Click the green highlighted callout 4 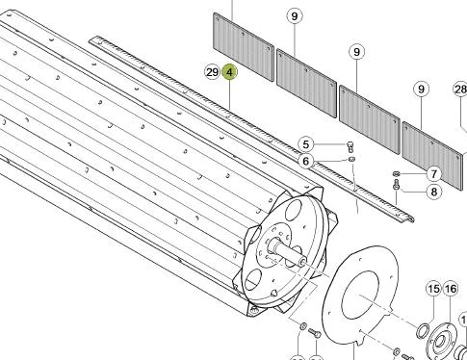tap(229, 72)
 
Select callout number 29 tap(212, 72)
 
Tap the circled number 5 tap(306, 144)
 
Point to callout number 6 tap(306, 161)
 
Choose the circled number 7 tap(434, 174)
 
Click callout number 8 tap(434, 192)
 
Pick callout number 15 tap(433, 289)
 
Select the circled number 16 tap(450, 289)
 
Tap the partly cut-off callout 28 tap(460, 90)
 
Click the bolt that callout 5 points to tap(350, 146)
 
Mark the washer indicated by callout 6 tap(351, 159)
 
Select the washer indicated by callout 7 tap(396, 174)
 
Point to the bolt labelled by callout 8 tap(396, 185)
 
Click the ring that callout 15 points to tap(423, 331)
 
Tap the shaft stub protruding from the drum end tap(287, 252)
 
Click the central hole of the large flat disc tap(360, 295)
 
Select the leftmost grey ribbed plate tap(244, 47)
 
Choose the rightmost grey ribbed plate tap(433, 156)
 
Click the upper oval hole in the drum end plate tap(294, 210)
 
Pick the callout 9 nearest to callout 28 tap(422, 89)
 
